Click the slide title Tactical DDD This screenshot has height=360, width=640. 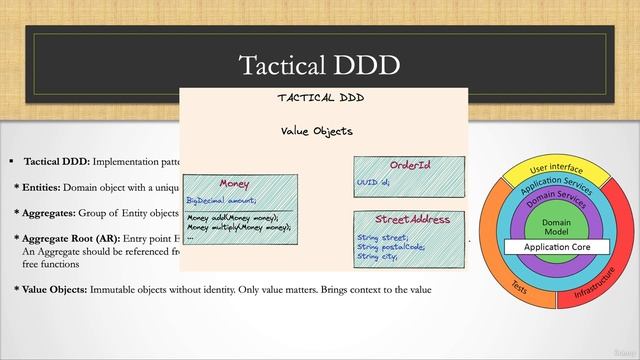click(319, 65)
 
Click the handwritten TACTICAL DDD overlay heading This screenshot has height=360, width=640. click(322, 99)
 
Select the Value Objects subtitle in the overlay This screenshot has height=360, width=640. click(316, 131)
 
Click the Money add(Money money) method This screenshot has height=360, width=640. click(232, 217)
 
